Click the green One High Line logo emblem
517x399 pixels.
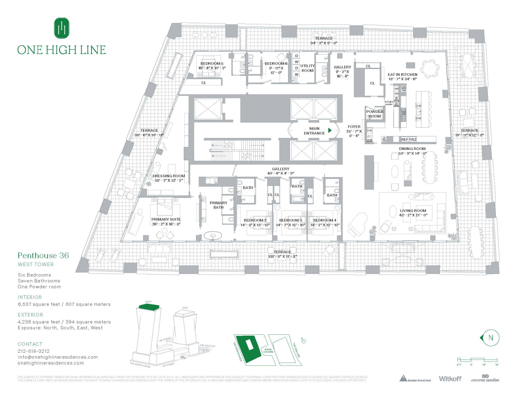pyautogui.click(x=62, y=28)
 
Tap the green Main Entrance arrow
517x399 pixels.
pyautogui.click(x=330, y=130)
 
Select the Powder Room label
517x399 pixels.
pyautogui.click(x=374, y=114)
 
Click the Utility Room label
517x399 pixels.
pyautogui.click(x=307, y=68)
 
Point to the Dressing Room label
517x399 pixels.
pyautogui.click(x=169, y=176)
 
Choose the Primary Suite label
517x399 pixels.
pyautogui.click(x=166, y=219)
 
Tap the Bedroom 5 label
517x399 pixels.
pyautogui.click(x=212, y=63)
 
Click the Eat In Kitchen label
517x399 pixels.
pyautogui.click(x=402, y=75)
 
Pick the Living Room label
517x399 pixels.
pyautogui.click(x=413, y=211)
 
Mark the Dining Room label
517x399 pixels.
pyautogui.click(x=412, y=149)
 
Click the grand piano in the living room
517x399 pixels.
pyautogui.click(x=357, y=225)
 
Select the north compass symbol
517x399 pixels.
pyautogui.click(x=490, y=338)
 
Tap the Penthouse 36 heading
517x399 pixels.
pyautogui.click(x=43, y=256)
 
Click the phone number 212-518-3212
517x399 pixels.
pyautogui.click(x=34, y=351)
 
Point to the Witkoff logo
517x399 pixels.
pyautogui.click(x=450, y=379)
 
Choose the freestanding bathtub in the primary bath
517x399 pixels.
pyautogui.click(x=215, y=235)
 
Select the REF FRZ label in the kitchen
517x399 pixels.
pyautogui.click(x=409, y=140)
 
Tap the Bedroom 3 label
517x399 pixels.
pyautogui.click(x=290, y=220)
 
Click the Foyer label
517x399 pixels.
pyautogui.click(x=354, y=127)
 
